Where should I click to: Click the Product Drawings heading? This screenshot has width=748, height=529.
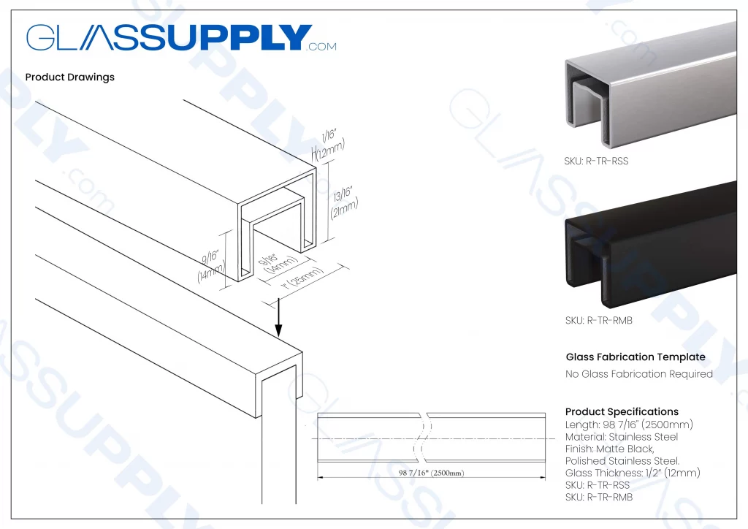pos(69,77)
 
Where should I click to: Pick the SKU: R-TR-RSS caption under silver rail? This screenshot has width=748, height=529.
pos(596,161)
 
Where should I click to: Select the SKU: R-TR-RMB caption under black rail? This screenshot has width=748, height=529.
pos(597,320)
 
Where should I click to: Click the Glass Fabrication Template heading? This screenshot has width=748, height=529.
pos(636,357)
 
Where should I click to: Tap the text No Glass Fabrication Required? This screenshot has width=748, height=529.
pos(638,374)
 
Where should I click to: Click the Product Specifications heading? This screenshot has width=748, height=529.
pos(622,412)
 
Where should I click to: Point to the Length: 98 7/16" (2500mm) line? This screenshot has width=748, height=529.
pos(629,425)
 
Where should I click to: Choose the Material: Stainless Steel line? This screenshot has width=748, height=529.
pos(621,437)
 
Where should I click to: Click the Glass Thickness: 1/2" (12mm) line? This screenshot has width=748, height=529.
pos(633,473)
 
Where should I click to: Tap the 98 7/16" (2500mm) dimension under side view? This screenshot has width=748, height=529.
pos(431,473)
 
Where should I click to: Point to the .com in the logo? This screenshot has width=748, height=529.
pos(322,47)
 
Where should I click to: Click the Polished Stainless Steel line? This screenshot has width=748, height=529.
pos(622,461)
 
